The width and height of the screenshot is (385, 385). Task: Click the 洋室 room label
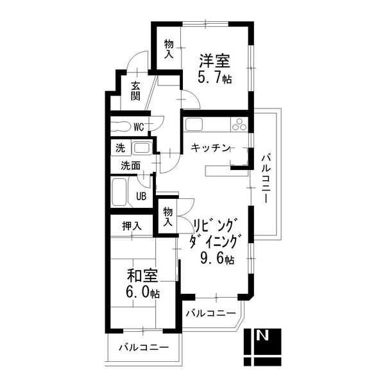tap(214, 61)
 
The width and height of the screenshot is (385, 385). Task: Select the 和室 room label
tap(142, 276)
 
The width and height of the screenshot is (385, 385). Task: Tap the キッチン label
tap(210, 148)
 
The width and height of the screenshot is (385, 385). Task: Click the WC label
tap(139, 127)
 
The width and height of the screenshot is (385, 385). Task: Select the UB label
tap(141, 196)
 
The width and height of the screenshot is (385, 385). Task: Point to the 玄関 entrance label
tap(135, 91)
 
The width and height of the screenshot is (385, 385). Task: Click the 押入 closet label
tap(132, 226)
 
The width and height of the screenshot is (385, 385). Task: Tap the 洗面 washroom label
tap(131, 166)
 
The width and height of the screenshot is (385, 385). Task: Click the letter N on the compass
tap(262, 336)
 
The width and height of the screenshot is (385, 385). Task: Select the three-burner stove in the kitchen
tap(239, 124)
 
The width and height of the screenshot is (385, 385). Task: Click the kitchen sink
tap(194, 124)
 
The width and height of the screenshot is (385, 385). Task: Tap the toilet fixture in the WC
tap(121, 127)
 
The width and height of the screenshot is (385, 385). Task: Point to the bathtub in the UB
tap(119, 192)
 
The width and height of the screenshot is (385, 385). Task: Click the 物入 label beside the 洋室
tap(169, 49)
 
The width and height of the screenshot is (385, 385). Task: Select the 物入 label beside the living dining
tap(168, 217)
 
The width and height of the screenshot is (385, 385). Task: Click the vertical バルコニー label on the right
tap(266, 179)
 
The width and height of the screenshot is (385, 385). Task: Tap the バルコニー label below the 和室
tap(144, 347)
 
